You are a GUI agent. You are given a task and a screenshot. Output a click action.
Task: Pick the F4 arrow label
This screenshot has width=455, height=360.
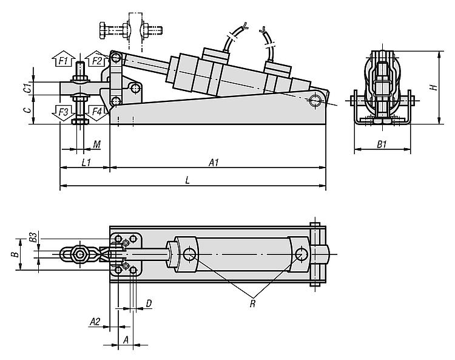97,112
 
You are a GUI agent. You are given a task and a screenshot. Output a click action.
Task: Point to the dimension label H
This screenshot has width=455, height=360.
434,87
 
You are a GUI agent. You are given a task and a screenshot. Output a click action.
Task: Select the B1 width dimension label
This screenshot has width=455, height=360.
382,144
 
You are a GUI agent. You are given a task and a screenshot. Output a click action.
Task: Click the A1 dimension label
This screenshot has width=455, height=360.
214,163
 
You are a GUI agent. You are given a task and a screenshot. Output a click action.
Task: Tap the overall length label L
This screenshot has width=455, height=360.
187,180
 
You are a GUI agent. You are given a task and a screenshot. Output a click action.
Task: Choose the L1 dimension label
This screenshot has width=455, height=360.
86,163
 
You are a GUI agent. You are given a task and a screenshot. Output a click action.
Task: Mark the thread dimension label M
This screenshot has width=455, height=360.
97,144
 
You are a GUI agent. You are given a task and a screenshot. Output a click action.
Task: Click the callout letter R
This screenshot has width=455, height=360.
252,304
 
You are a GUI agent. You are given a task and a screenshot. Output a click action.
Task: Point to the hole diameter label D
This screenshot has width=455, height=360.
149,304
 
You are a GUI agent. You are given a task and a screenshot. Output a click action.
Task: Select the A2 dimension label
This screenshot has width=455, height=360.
95,322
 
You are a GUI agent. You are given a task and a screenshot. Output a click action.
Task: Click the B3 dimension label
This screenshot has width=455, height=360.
33,237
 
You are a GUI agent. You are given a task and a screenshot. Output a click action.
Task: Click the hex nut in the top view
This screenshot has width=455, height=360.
80,254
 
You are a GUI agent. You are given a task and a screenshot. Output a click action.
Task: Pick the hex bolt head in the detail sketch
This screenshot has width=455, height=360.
103,30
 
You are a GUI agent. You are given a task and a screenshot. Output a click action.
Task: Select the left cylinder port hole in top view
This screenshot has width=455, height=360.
189,254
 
